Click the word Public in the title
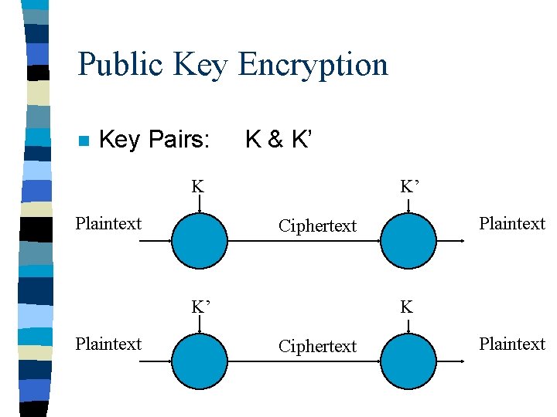click(121, 65)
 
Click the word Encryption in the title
click(313, 65)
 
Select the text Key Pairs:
click(155, 140)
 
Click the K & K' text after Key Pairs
click(279, 140)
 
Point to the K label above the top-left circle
click(198, 186)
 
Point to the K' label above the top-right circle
click(409, 186)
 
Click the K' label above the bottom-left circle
click(201, 307)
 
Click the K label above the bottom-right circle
click(406, 307)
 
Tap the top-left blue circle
click(200, 240)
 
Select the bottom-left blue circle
click(200, 361)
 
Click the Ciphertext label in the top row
click(317, 226)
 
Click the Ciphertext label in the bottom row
click(317, 347)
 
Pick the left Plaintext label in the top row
click(108, 224)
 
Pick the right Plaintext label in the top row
click(512, 224)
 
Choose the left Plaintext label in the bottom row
click(108, 344)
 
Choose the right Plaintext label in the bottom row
click(512, 344)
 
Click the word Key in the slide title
click(201, 65)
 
